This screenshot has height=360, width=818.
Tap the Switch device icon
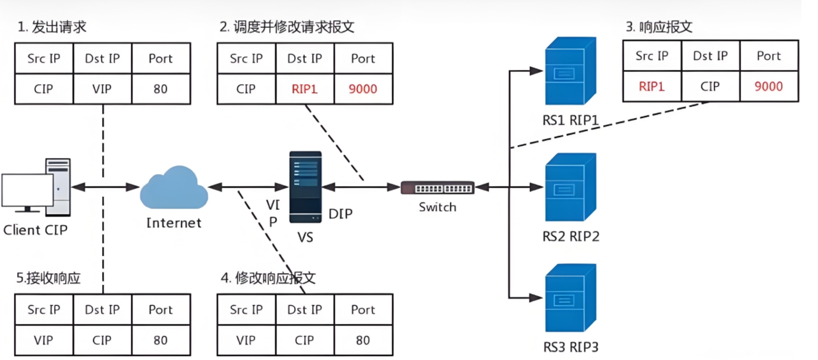point(438,188)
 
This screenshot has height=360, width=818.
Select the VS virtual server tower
point(305,187)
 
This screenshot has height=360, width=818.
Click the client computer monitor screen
point(27,190)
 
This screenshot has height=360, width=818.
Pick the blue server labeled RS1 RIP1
point(571,71)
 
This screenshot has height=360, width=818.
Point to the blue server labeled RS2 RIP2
point(571,187)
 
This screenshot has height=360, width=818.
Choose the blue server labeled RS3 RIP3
point(571,298)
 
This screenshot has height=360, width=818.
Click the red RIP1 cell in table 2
point(305,89)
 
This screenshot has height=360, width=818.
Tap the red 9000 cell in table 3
point(769,86)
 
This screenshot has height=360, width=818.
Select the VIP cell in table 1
point(102,89)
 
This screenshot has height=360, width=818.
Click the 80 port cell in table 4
point(363,340)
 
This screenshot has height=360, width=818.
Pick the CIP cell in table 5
point(102,340)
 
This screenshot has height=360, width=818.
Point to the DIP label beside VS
point(340,214)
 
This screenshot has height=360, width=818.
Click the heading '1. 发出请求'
point(52,27)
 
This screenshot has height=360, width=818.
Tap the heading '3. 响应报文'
point(659,26)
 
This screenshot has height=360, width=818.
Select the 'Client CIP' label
point(36,230)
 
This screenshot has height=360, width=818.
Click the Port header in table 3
point(769,56)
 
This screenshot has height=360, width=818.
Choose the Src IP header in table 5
point(44,310)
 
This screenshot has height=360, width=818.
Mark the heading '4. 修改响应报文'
point(268,278)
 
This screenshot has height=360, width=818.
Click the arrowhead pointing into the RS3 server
point(535,298)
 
